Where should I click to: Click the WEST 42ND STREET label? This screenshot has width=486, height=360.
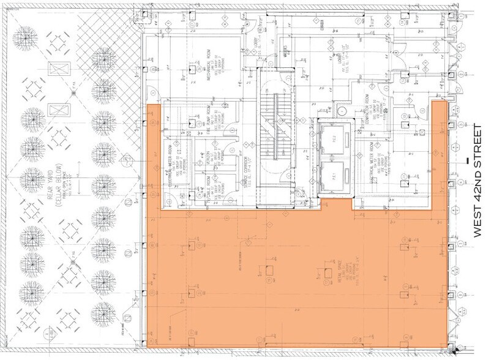[x=478, y=181]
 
